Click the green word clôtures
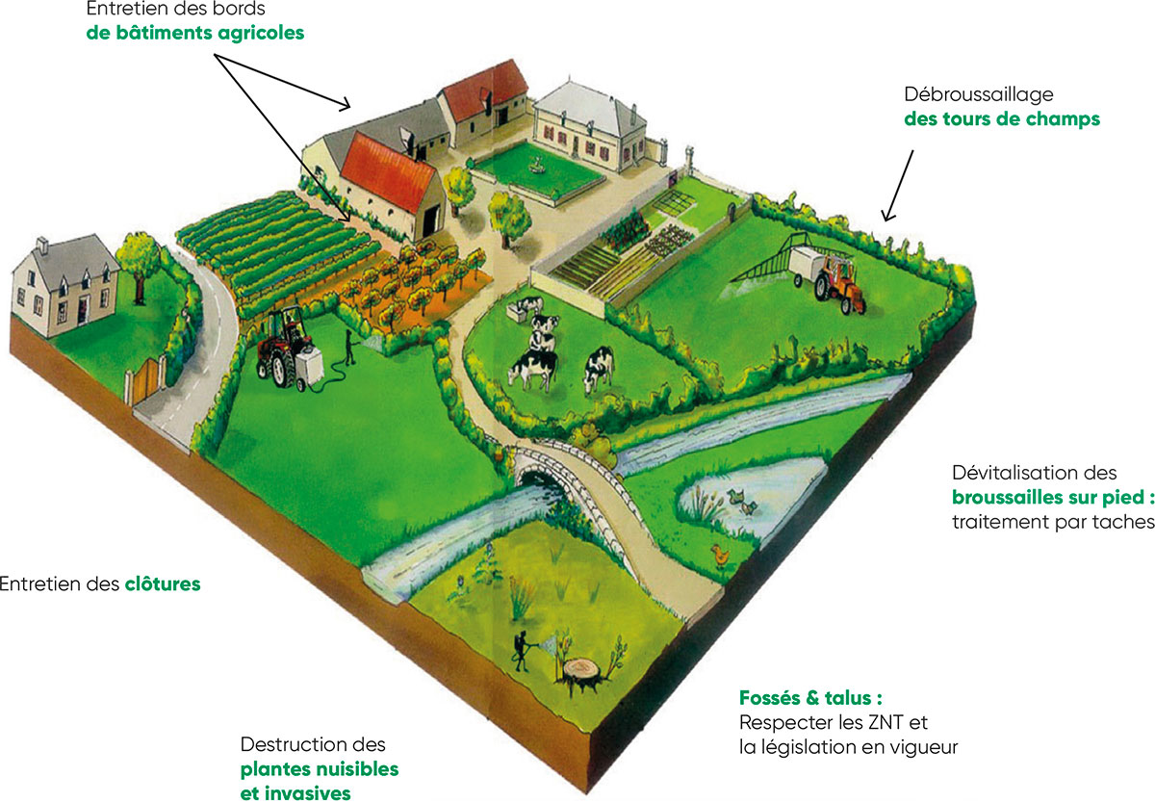[x=163, y=583]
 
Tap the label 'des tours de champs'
[x=1002, y=119]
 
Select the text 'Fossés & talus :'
[x=810, y=698]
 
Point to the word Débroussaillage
[x=979, y=95]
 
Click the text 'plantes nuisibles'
[x=320, y=769]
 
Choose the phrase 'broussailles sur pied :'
[x=1053, y=497]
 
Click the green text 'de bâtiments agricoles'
[x=194, y=33]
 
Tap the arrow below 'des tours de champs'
[x=898, y=186]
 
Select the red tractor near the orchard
[x=285, y=345]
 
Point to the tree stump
[x=581, y=674]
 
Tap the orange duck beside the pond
[x=719, y=556]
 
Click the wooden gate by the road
[x=145, y=380]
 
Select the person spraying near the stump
[x=522, y=652]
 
